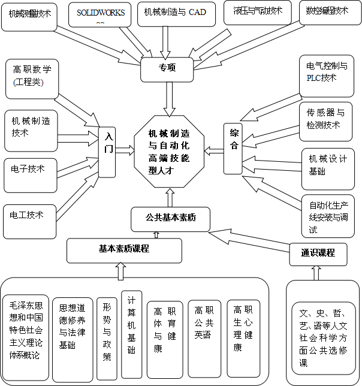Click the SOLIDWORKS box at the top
pyautogui.click(x=99, y=15)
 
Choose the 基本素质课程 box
pyautogui.click(x=123, y=249)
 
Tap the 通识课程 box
pyautogui.click(x=318, y=252)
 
